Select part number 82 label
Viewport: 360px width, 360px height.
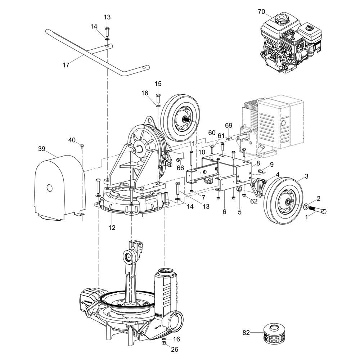(246, 333)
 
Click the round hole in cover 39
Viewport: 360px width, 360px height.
(50, 188)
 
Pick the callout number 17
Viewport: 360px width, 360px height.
(66, 65)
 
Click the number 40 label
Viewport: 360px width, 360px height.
(72, 140)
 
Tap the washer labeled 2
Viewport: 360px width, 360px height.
(305, 207)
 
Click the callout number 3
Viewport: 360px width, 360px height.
(306, 176)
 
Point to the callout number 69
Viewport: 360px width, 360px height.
(229, 125)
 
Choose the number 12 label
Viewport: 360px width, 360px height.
(112, 228)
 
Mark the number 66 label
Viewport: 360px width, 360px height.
(180, 168)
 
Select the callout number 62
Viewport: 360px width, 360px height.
(254, 202)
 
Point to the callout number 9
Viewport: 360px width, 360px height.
(271, 164)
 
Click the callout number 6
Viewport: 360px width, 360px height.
(224, 212)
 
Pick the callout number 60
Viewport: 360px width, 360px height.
(212, 133)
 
